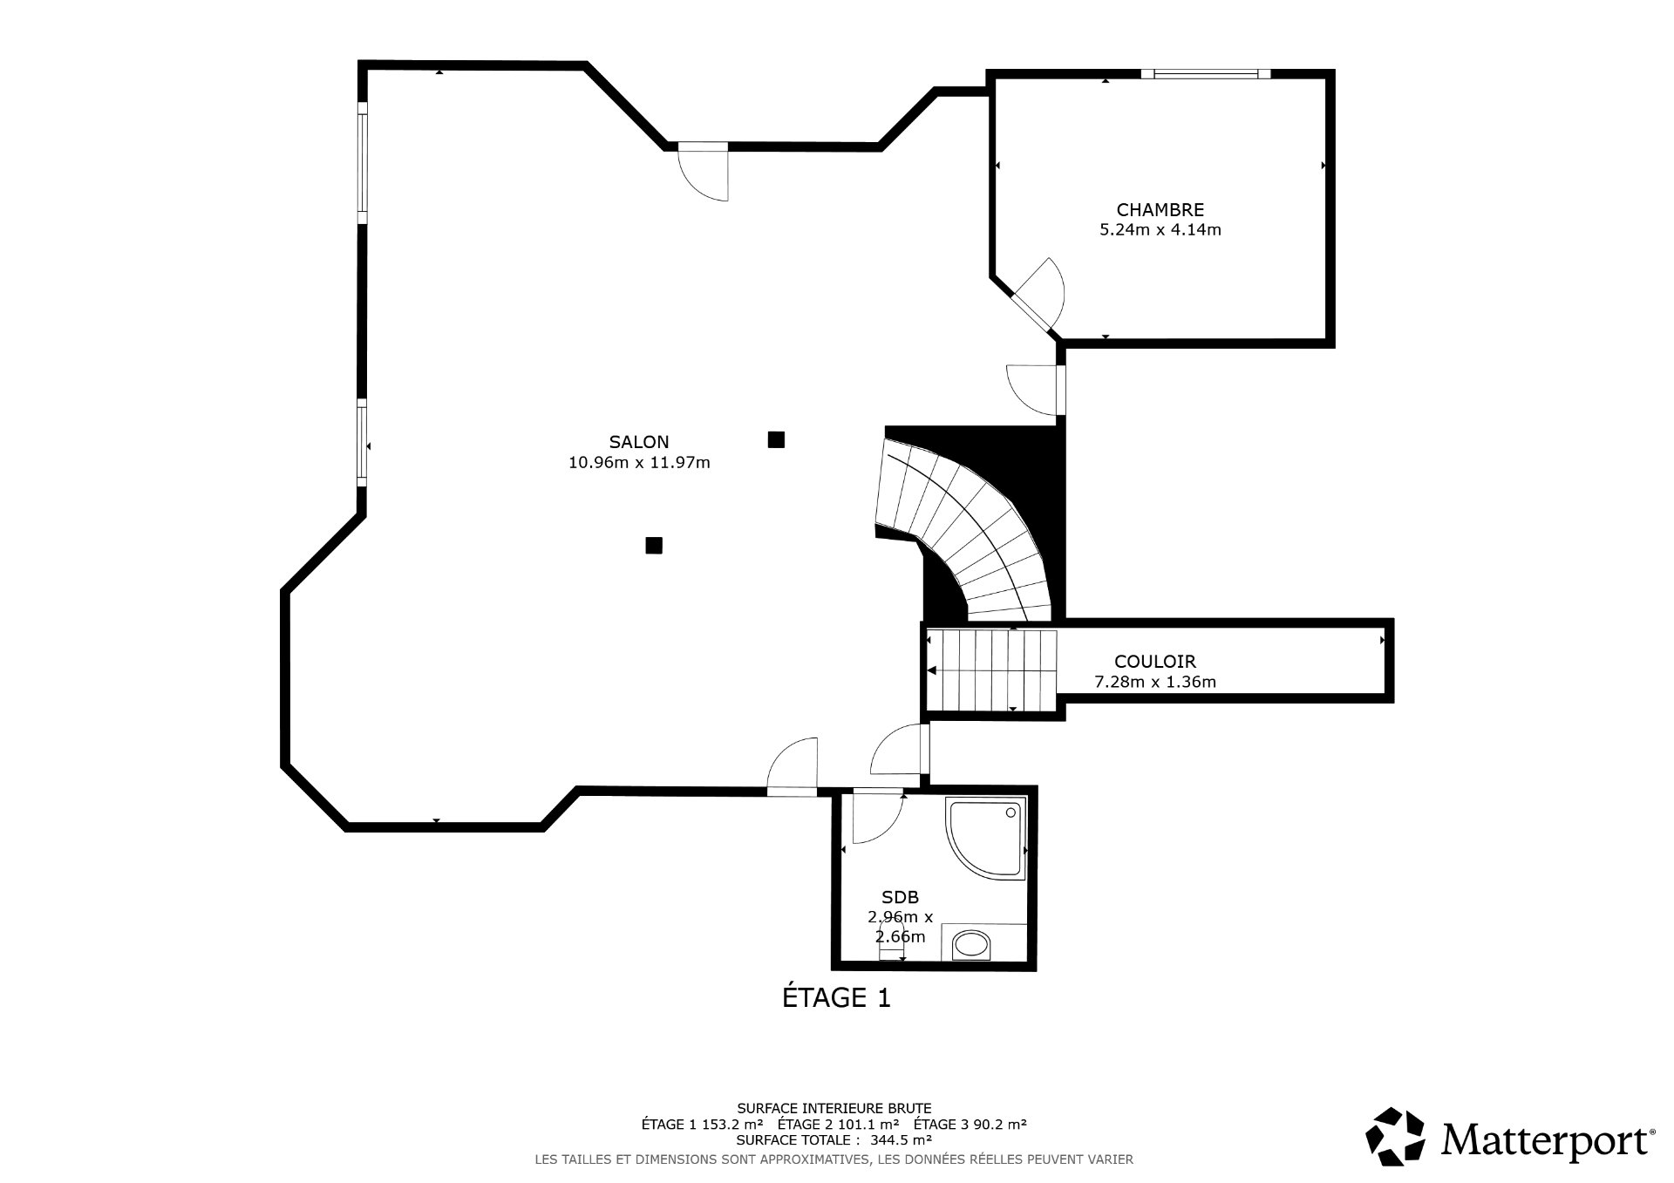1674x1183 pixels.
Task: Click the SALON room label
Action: [x=639, y=442]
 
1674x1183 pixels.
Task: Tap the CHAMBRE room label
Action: [x=1160, y=209]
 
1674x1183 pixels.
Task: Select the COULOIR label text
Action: [x=1154, y=662]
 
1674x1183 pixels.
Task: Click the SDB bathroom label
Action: [x=900, y=896]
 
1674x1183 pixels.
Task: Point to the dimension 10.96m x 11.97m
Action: [x=639, y=463]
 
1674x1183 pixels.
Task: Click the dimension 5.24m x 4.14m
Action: [x=1160, y=230]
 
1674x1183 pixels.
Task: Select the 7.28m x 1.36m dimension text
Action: [x=1154, y=682]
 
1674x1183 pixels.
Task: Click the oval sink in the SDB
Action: [x=970, y=944]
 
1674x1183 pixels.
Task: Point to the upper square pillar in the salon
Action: [x=776, y=439]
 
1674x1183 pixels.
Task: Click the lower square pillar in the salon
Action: [x=654, y=546]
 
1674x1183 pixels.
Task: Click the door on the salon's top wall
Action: [x=703, y=172]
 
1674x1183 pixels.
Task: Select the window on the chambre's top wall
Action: [x=1206, y=74]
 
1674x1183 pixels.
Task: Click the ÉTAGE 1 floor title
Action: [x=836, y=997]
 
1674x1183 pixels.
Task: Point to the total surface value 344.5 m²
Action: [x=902, y=1139]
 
